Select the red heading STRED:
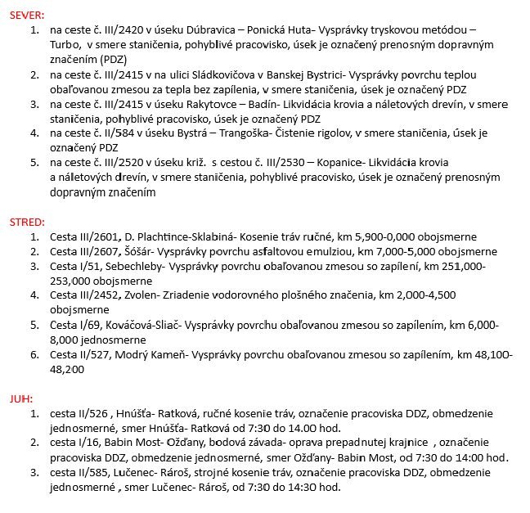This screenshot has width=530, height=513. (x=27, y=222)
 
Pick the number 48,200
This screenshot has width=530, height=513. (x=68, y=369)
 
